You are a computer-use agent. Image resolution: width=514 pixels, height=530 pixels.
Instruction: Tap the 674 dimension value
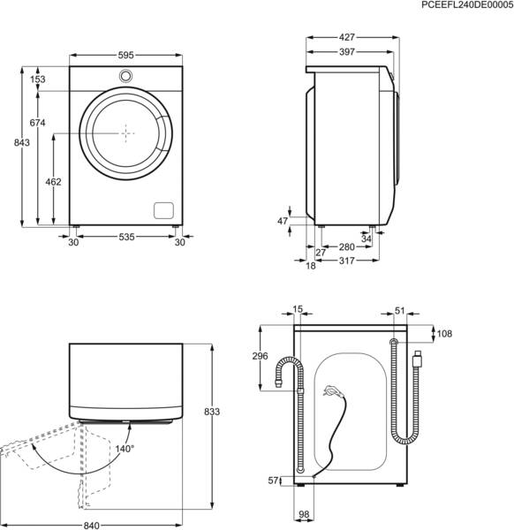(36, 122)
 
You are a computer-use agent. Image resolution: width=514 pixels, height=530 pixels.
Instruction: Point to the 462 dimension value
(54, 182)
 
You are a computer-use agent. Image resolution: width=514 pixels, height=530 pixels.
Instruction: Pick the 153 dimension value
(37, 79)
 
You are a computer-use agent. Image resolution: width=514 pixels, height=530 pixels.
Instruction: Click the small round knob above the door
(125, 76)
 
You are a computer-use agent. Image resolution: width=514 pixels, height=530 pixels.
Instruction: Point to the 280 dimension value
(346, 246)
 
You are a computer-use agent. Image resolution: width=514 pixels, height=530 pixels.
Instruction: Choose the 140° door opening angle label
(125, 449)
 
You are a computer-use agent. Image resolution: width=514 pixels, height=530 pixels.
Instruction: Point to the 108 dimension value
(444, 335)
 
